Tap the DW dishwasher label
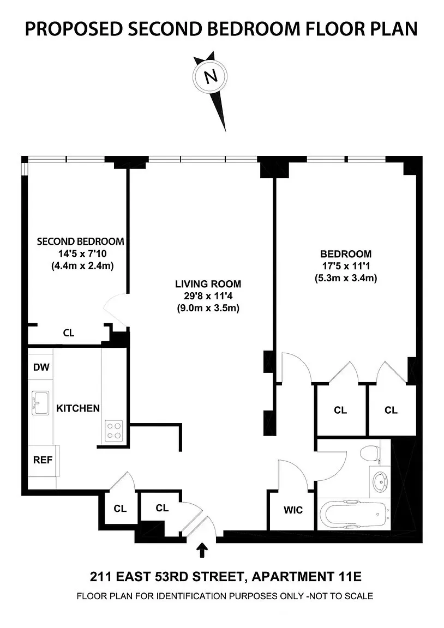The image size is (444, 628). pyautogui.click(x=41, y=367)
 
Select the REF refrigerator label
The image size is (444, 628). pyautogui.click(x=43, y=460)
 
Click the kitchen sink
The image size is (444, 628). pyautogui.click(x=40, y=403)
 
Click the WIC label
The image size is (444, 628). pyautogui.click(x=292, y=510)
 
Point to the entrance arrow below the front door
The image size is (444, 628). pyautogui.click(x=203, y=550)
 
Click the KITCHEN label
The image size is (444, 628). pyautogui.click(x=78, y=408)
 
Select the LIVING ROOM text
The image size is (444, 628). pyautogui.click(x=208, y=284)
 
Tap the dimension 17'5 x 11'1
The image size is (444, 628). pyautogui.click(x=345, y=266)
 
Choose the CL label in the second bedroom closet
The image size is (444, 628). pyautogui.click(x=68, y=333)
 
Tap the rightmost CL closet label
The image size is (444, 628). pyautogui.click(x=391, y=410)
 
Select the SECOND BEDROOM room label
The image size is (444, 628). pyautogui.click(x=80, y=241)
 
